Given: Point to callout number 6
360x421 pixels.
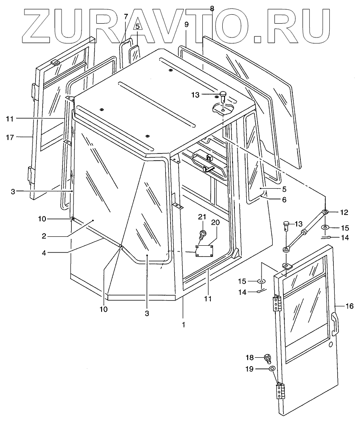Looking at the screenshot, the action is [283, 199].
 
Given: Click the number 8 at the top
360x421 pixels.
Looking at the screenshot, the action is [212, 8].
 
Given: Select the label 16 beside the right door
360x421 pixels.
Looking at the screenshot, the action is [349, 305].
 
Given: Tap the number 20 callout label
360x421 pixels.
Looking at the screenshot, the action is [215, 222].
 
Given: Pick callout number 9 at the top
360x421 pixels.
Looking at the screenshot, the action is [187, 25].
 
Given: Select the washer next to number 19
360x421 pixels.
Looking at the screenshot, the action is [271, 369].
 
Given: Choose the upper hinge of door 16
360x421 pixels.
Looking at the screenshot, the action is [277, 303].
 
